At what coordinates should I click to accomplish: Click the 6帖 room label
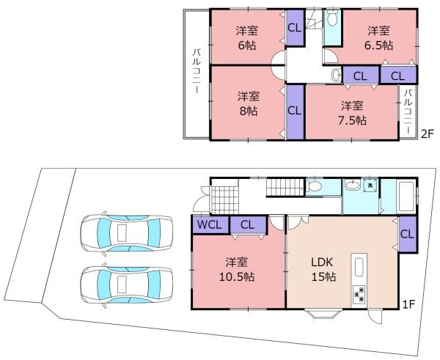pos(247,38)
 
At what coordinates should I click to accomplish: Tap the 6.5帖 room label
pos(379,38)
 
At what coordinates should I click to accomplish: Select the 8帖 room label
pos(249,104)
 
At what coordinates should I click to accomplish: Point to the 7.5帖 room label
pos(352,113)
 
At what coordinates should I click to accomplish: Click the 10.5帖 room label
pos(237,270)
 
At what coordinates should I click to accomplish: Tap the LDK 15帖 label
pos(323,270)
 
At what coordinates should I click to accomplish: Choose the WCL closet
pos(210,224)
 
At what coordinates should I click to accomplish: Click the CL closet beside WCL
pos(248,225)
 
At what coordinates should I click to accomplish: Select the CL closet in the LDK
pos(408,234)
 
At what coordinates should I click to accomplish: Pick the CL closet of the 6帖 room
pos(295,28)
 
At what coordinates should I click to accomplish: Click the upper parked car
pos(127,233)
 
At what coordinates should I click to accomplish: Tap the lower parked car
pos(127,285)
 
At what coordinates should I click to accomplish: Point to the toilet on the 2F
pos(332,18)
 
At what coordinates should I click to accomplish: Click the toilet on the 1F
pos(313,185)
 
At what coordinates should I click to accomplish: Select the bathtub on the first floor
pos(406,197)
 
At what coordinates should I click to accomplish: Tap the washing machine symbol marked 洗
pos(370,185)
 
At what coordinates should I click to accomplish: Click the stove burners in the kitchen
pos(359,295)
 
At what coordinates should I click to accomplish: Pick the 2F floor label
pos(428,134)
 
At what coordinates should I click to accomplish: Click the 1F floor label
pos(408,304)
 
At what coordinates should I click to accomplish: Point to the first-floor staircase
pos(285,187)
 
